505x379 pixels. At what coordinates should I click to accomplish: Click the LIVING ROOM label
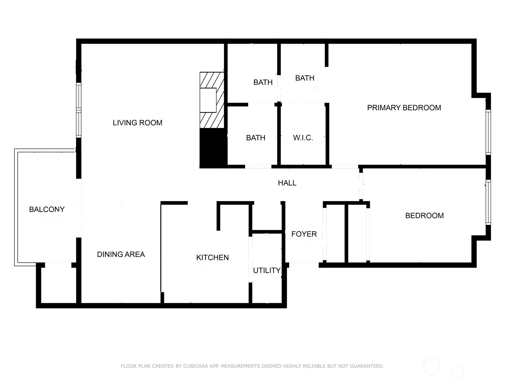pyautogui.click(x=137, y=123)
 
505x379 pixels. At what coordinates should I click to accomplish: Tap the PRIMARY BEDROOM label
pyautogui.click(x=404, y=108)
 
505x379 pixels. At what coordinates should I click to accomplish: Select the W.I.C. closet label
pyautogui.click(x=303, y=138)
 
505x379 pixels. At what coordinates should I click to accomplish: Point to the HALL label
pyautogui.click(x=287, y=183)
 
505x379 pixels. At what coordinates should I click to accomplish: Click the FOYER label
pyautogui.click(x=304, y=234)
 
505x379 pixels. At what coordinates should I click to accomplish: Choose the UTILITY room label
pyautogui.click(x=267, y=270)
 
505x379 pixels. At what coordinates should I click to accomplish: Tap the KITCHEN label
pyautogui.click(x=212, y=257)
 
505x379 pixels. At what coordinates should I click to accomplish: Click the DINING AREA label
pyautogui.click(x=121, y=254)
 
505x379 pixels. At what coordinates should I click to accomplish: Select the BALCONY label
pyautogui.click(x=47, y=209)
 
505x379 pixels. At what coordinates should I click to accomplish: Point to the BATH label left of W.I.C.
pyautogui.click(x=256, y=138)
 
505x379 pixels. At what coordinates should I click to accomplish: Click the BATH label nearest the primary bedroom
pyautogui.click(x=305, y=78)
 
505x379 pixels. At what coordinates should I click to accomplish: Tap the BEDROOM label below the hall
pyautogui.click(x=425, y=216)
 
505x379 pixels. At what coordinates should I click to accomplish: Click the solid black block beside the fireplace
pyautogui.click(x=213, y=148)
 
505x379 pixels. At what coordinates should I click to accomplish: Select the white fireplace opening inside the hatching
pyautogui.click(x=208, y=100)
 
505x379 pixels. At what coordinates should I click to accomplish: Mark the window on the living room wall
pyautogui.click(x=79, y=110)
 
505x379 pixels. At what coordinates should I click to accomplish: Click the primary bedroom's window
pyautogui.click(x=488, y=132)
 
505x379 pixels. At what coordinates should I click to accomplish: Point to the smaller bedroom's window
pyautogui.click(x=488, y=202)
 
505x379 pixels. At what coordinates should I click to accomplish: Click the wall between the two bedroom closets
pyautogui.click(x=347, y=233)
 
